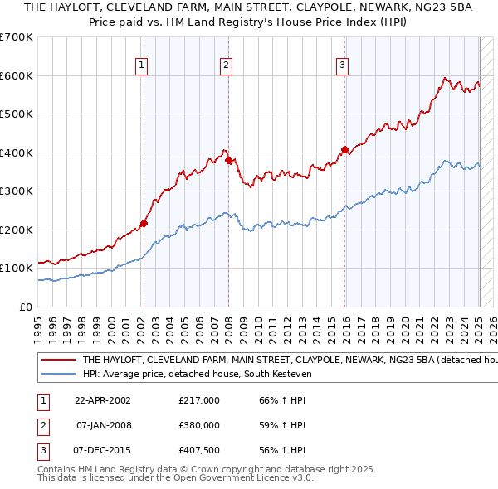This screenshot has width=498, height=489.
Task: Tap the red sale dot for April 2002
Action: pyautogui.click(x=144, y=223)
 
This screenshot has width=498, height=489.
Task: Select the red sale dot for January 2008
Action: pyautogui.click(x=229, y=160)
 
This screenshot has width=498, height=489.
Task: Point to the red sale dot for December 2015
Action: pyautogui.click(x=344, y=149)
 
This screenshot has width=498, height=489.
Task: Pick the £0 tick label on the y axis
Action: pyautogui.click(x=27, y=307)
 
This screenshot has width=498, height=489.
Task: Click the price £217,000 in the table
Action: pyautogui.click(x=199, y=400)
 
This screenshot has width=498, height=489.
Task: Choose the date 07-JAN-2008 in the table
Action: pyautogui.click(x=104, y=425)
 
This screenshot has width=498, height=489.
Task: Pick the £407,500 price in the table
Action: pyautogui.click(x=199, y=450)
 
